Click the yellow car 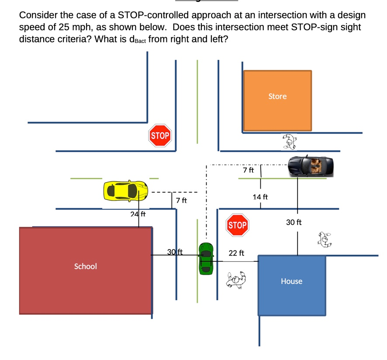126,190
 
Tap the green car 206,258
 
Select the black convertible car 311,166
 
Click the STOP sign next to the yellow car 160,136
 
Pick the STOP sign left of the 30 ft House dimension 237,225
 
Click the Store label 277,96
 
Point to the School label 86,266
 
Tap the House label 291,281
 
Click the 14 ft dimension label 260,197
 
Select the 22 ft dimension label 236,253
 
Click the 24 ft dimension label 138,214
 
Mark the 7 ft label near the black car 248,170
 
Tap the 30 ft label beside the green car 175,251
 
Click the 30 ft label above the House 294,222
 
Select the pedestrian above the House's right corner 325,239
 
